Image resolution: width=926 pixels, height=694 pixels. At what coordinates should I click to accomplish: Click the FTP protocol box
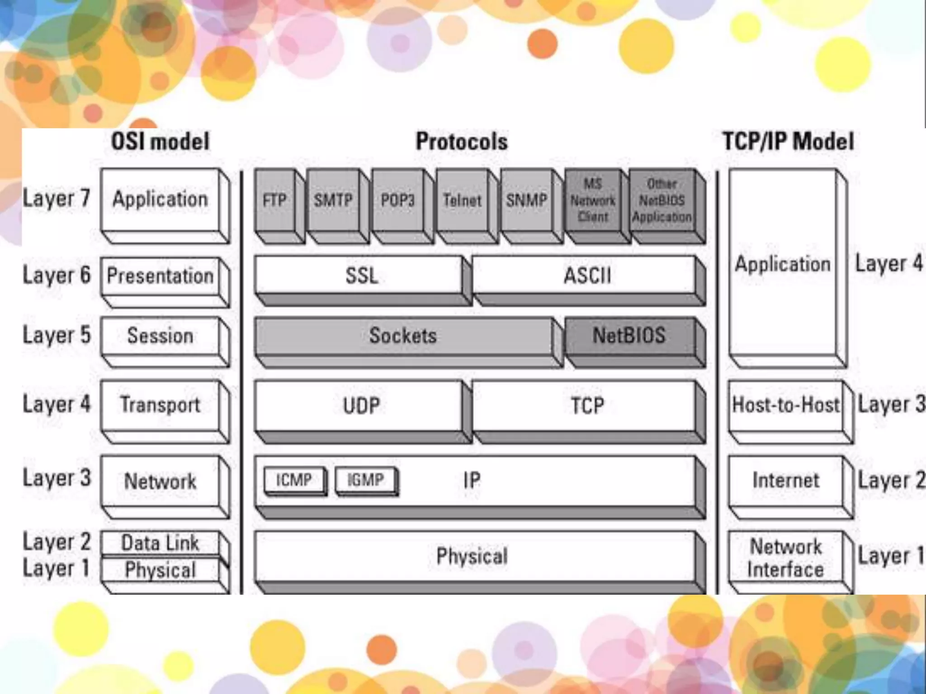274,200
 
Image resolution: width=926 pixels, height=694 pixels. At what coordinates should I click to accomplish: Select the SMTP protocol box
333,200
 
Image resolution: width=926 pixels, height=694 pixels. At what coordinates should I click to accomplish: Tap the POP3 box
397,200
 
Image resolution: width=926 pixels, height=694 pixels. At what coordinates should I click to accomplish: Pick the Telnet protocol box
462,200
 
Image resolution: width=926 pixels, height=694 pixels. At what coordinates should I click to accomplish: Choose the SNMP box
526,200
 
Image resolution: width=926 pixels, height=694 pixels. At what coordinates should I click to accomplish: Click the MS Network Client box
592,200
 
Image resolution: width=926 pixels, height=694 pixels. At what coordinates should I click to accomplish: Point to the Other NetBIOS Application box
661,200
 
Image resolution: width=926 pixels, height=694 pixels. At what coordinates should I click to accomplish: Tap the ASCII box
586,275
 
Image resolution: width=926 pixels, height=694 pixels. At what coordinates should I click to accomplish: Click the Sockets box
403,336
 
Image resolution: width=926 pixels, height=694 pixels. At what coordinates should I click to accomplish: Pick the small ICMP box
294,480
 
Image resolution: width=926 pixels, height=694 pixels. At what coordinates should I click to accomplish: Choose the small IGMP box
365,480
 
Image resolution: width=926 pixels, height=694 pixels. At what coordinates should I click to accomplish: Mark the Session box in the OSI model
160,336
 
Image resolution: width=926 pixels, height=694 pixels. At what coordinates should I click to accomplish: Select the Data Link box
160,543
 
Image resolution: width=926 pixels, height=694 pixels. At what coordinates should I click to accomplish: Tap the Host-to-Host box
785,405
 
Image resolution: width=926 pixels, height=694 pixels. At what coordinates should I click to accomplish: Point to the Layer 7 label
57,198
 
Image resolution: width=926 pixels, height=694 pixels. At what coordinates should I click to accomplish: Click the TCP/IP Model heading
788,141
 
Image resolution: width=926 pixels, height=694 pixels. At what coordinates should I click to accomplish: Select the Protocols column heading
462,141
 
